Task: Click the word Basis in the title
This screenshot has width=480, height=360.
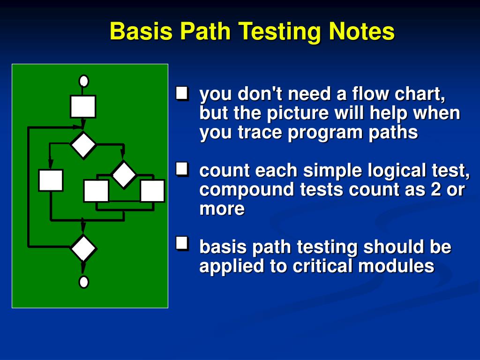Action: [x=141, y=31]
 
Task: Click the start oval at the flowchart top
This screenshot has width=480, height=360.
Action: [x=83, y=81]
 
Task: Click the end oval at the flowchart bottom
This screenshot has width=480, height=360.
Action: [x=83, y=282]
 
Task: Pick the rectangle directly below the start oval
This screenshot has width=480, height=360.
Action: [x=83, y=106]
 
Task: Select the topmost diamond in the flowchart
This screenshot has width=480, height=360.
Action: [x=83, y=145]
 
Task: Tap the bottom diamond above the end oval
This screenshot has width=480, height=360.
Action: [x=83, y=248]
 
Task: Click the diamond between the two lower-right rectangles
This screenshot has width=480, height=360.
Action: [x=124, y=174]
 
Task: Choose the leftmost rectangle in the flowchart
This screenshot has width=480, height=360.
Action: [x=51, y=180]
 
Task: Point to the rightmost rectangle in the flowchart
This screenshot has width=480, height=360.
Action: [x=152, y=191]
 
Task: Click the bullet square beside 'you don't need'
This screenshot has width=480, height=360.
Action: [x=182, y=93]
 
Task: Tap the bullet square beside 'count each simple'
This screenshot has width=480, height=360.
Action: [x=182, y=169]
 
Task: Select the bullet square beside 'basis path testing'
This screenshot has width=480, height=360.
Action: [x=182, y=244]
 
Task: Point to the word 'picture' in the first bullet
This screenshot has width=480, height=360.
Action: [x=298, y=114]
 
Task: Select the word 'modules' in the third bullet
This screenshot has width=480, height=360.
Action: [x=396, y=266]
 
